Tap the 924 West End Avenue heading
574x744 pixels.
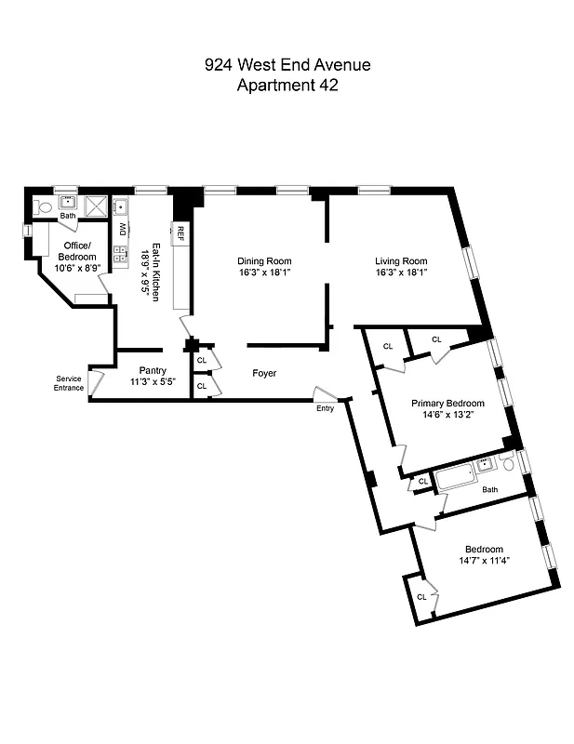(x=287, y=65)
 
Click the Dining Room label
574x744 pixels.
(x=264, y=261)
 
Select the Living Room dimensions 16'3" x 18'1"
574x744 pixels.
(x=401, y=273)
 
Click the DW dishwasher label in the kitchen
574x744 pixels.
(x=122, y=229)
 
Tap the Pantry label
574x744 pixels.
(x=153, y=370)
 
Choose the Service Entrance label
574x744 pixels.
(x=70, y=383)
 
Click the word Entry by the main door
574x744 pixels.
(x=325, y=408)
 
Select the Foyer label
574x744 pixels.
(x=265, y=373)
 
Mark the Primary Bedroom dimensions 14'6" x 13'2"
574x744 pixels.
(x=448, y=416)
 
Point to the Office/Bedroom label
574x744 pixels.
(x=77, y=250)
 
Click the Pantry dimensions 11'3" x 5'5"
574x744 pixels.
(x=153, y=382)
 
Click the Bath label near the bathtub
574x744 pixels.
(x=490, y=489)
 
